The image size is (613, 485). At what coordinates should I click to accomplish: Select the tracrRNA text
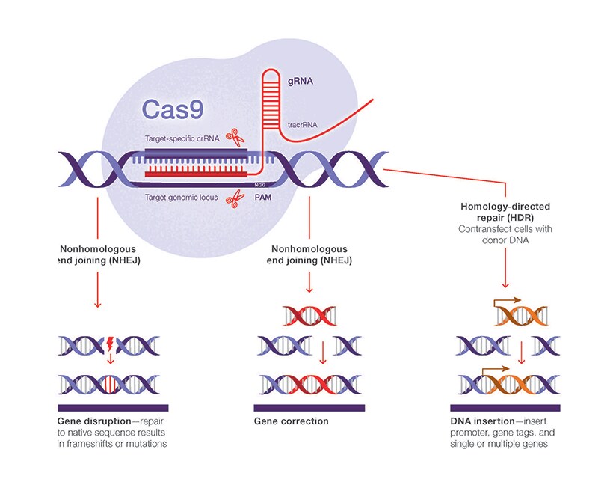click(x=304, y=125)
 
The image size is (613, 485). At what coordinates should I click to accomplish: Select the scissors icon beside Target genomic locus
click(x=236, y=199)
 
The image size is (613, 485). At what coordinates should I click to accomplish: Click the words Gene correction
click(x=291, y=421)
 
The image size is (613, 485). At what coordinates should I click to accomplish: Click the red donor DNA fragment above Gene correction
click(x=309, y=316)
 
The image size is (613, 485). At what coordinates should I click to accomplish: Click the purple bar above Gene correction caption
click(x=309, y=408)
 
